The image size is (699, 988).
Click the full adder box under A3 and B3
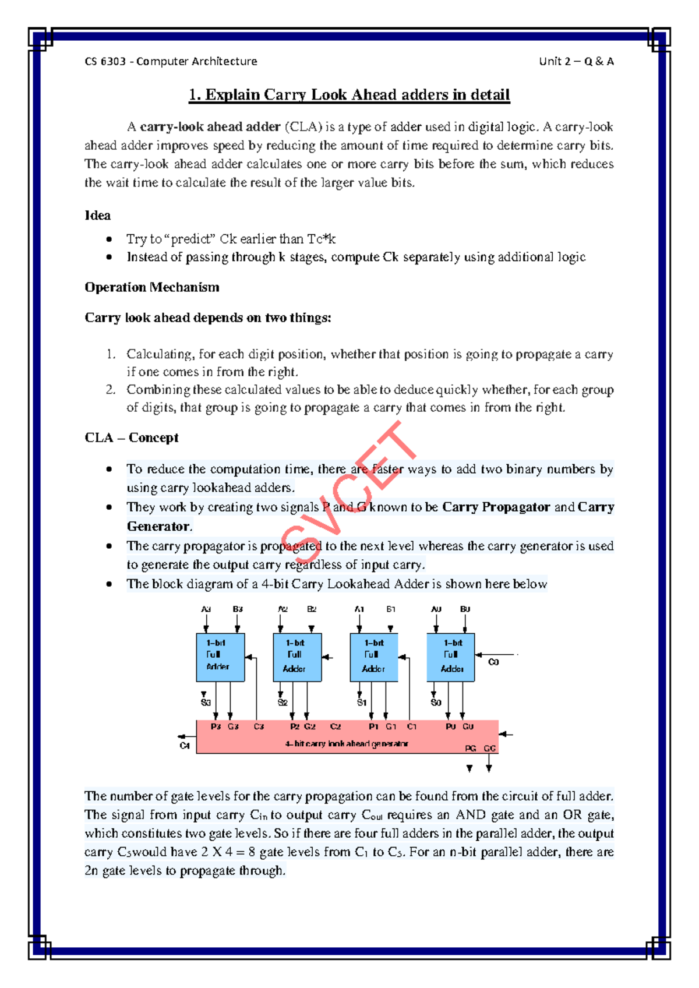click(x=220, y=657)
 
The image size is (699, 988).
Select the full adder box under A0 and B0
click(x=451, y=657)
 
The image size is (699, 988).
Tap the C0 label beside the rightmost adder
click(x=493, y=662)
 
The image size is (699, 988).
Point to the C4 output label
click(x=185, y=746)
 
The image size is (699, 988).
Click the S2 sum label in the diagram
click(x=283, y=703)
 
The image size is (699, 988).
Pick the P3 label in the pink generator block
click(x=216, y=726)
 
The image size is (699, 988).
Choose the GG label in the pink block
click(x=490, y=748)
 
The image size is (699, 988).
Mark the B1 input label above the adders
click(x=391, y=609)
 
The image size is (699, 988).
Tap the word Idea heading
click(x=97, y=216)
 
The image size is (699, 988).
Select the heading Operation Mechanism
click(x=152, y=287)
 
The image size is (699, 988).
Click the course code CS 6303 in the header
click(x=105, y=61)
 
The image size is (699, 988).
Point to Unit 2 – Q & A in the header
click(x=576, y=61)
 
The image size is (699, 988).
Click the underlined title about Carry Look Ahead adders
click(x=349, y=95)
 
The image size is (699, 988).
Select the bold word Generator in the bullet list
click(x=158, y=526)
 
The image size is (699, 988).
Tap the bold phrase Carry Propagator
click(x=496, y=507)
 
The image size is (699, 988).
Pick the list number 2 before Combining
click(x=110, y=390)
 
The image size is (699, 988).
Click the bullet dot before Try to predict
click(x=109, y=239)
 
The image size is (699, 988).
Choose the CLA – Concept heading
click(x=132, y=437)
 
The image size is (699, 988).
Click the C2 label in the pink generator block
click(x=336, y=726)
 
